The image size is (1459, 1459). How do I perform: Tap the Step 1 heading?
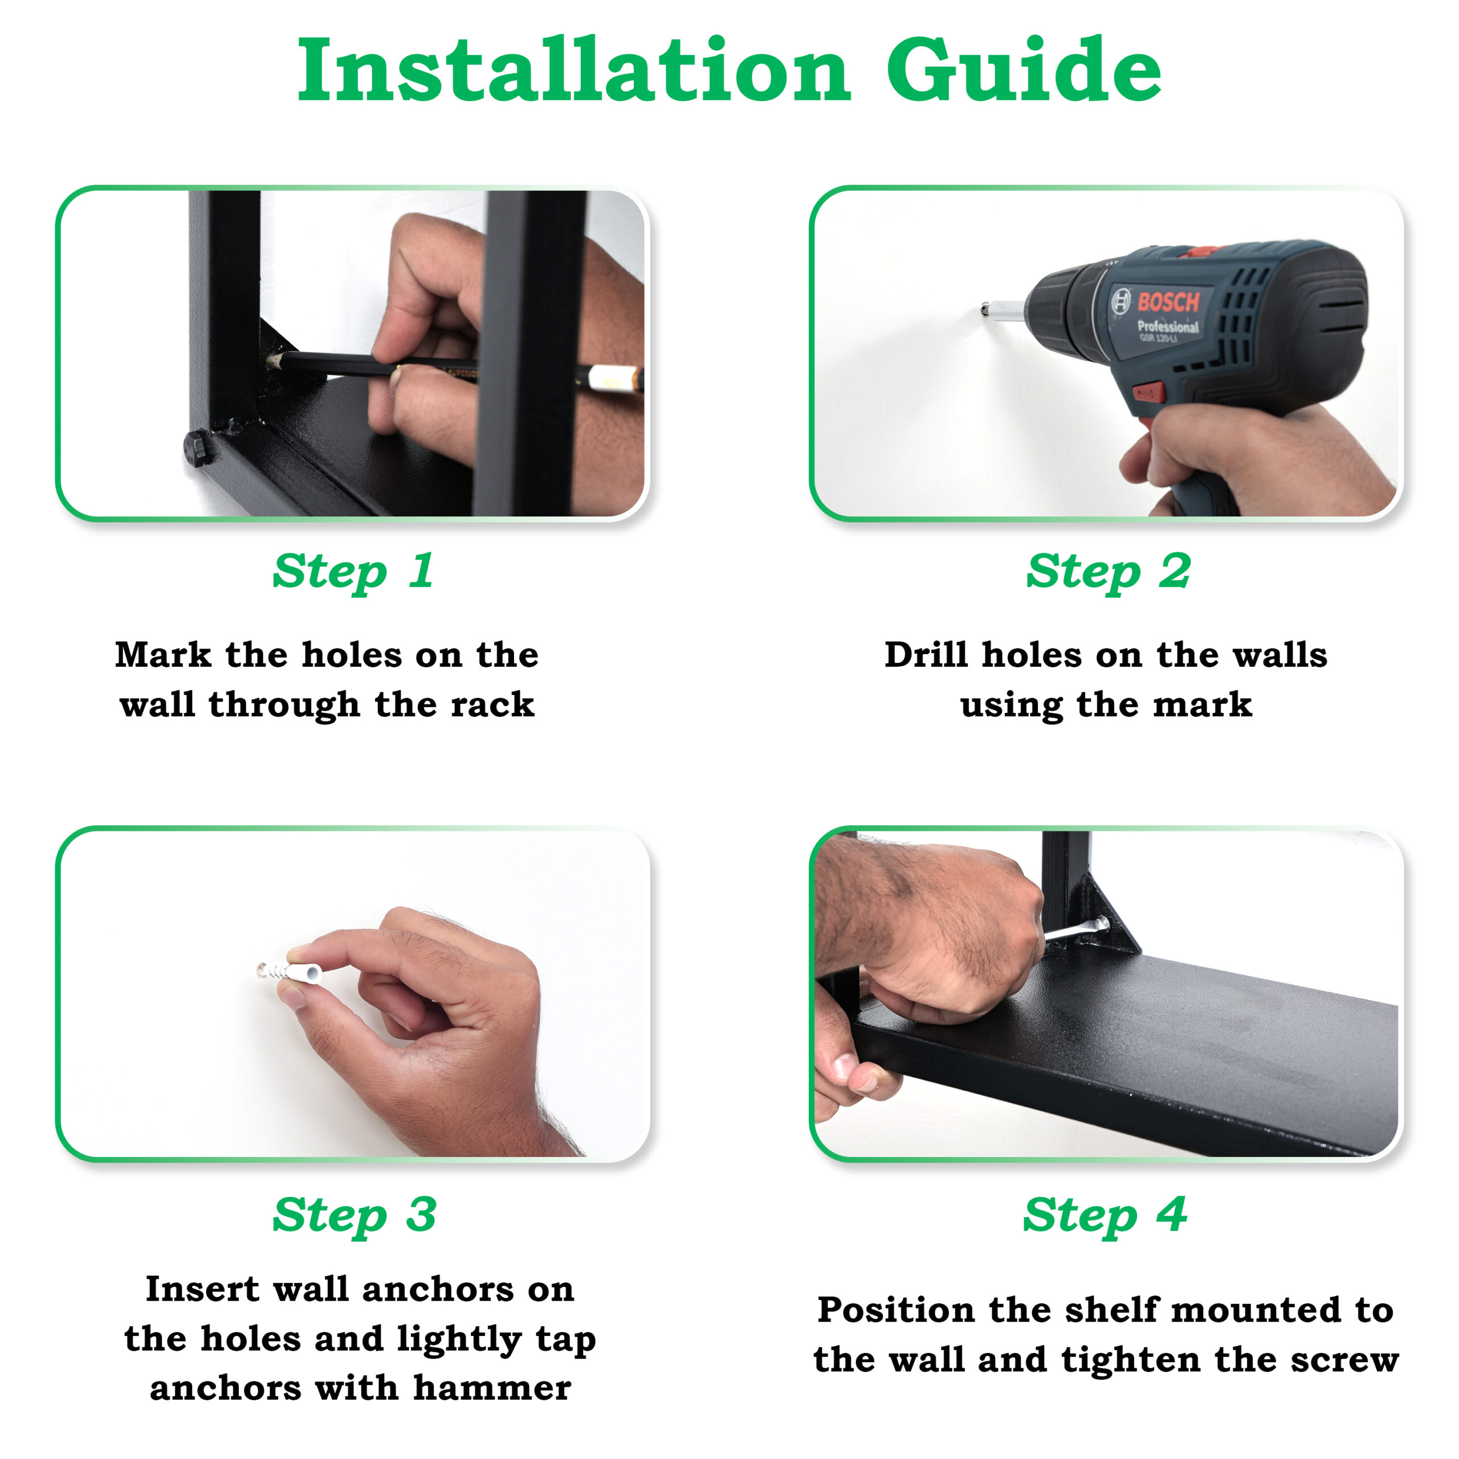pos(353,572)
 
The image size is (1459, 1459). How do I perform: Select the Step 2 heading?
pos(1108,572)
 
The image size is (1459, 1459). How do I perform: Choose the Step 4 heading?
pos(1105,1215)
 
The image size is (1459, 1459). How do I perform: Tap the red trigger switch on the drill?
pos(1147,393)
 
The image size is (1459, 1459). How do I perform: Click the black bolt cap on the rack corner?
pos(198,449)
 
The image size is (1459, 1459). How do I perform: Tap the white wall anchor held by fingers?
pos(291,972)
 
